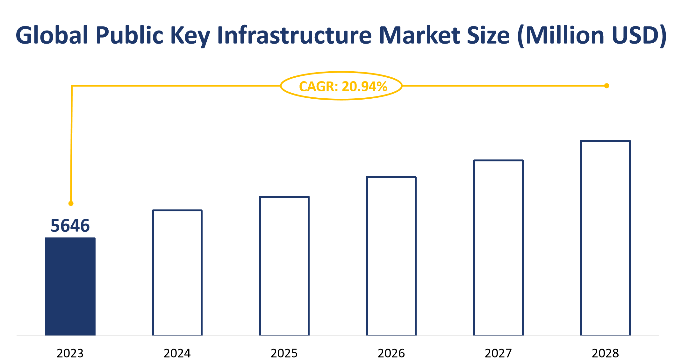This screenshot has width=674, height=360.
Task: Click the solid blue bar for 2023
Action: (70, 286)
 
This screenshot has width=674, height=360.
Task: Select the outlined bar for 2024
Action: (177, 272)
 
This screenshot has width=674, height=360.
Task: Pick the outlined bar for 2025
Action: (284, 266)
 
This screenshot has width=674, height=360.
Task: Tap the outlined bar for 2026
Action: (391, 256)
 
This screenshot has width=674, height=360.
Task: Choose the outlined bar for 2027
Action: (498, 248)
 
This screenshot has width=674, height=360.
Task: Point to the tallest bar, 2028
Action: (605, 238)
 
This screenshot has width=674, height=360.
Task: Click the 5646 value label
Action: (70, 226)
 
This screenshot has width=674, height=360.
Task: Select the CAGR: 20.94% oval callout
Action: (341, 86)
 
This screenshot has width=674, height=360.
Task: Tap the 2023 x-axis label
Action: (70, 353)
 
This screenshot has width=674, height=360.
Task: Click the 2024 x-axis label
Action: (177, 353)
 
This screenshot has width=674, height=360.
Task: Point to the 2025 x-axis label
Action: (284, 353)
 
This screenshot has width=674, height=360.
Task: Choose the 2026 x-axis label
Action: (391, 353)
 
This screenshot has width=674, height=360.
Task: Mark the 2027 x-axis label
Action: (498, 353)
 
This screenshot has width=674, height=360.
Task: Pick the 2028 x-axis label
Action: (605, 353)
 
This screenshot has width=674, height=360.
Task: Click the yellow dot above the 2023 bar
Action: (71, 203)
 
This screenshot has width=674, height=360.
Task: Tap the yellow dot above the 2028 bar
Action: (606, 86)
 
